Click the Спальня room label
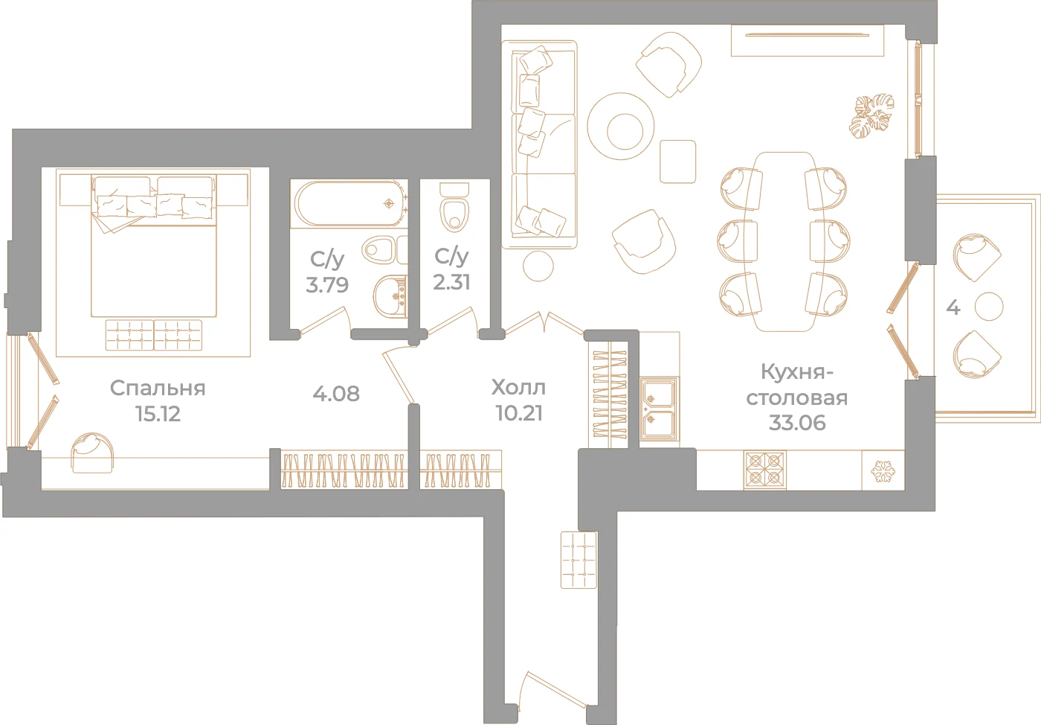pyautogui.click(x=158, y=388)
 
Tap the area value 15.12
pyautogui.click(x=158, y=413)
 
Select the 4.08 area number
pyautogui.click(x=336, y=394)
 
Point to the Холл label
pyautogui.click(x=519, y=387)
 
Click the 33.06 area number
pyautogui.click(x=797, y=423)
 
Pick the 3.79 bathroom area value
pyautogui.click(x=327, y=284)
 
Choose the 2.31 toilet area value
pyautogui.click(x=452, y=282)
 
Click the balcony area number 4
pyautogui.click(x=953, y=307)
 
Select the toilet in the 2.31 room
pyautogui.click(x=454, y=207)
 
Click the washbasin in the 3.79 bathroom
pyautogui.click(x=390, y=296)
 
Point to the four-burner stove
pyautogui.click(x=764, y=470)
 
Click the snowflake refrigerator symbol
pyautogui.click(x=883, y=471)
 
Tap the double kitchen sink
pyautogui.click(x=659, y=409)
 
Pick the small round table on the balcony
pyautogui.click(x=989, y=306)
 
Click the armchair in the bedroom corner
pyautogui.click(x=92, y=453)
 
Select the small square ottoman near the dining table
pyautogui.click(x=677, y=161)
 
